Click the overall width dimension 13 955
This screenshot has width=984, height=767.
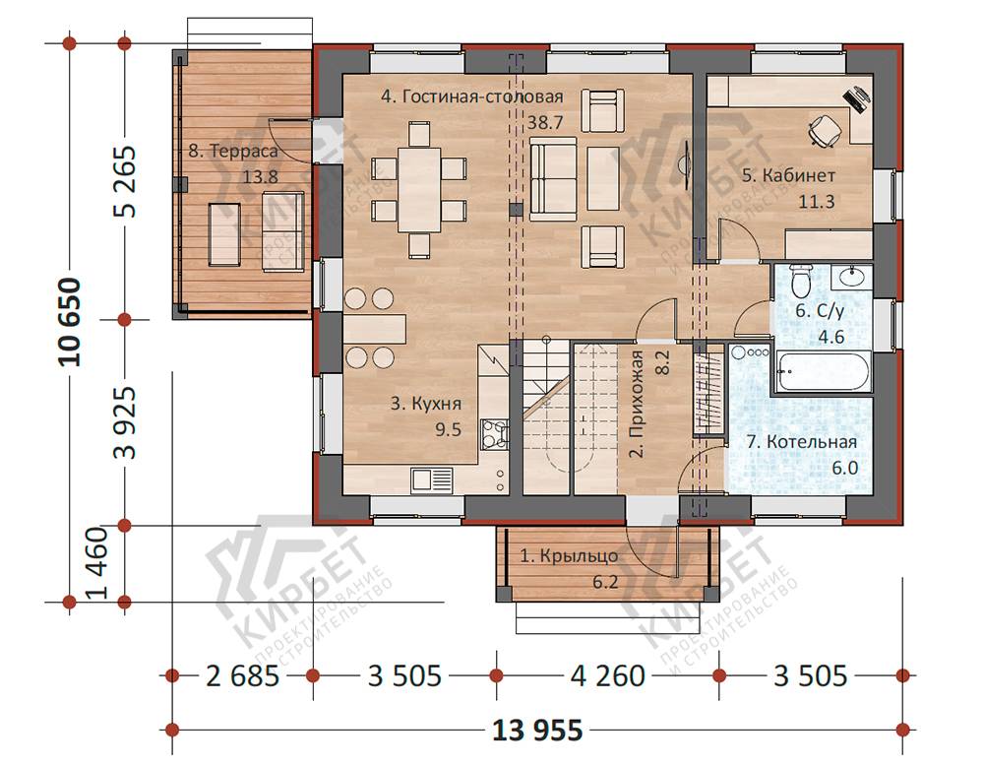[x=537, y=730]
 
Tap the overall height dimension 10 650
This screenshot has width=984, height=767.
[x=70, y=322]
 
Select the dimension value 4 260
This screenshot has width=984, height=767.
[x=607, y=675]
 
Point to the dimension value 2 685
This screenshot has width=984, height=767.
[x=242, y=675]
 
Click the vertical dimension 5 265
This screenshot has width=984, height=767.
[x=124, y=181]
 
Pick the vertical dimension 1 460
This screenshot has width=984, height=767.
[x=97, y=563]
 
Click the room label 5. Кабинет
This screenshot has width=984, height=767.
[x=788, y=175]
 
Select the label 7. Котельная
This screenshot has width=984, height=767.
[x=801, y=442]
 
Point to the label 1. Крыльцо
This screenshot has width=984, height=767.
[x=569, y=556]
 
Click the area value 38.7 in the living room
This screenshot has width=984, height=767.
[x=545, y=122]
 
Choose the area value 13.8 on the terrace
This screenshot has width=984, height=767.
[x=261, y=176]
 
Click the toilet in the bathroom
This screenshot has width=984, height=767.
[x=800, y=281]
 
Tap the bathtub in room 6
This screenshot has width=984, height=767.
[x=823, y=371]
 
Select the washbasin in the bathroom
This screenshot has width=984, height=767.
[x=851, y=277]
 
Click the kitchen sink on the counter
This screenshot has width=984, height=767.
[x=432, y=480]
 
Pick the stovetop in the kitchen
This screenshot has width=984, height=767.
[x=494, y=434]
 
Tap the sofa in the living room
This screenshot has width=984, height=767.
[x=553, y=179]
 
